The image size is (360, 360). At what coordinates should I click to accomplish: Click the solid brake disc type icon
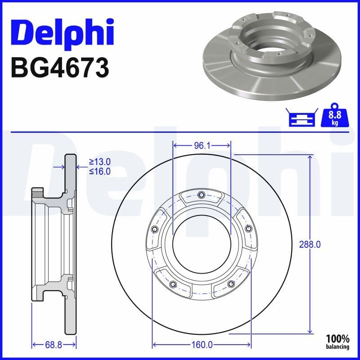301,117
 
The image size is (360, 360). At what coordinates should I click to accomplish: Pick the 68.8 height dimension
53,345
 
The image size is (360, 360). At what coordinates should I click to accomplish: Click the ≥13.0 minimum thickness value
99,162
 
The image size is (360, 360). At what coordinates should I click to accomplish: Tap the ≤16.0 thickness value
99,171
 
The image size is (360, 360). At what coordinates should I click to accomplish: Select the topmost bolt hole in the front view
201,195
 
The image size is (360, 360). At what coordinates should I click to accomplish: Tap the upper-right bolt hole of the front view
248,229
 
